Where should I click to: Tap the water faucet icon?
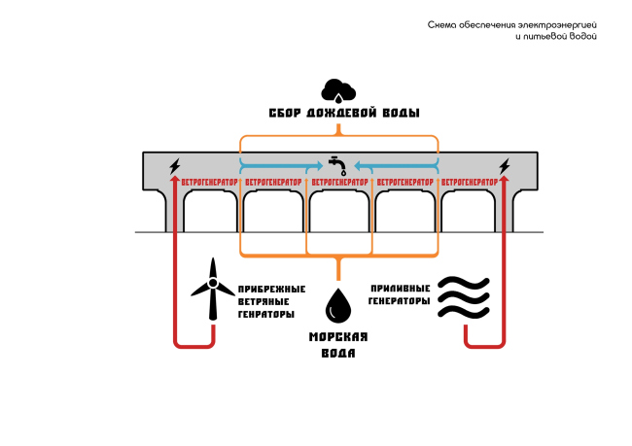337,162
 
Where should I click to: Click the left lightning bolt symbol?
175,165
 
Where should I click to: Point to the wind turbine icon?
211,287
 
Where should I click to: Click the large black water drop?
338,304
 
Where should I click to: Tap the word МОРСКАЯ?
337,337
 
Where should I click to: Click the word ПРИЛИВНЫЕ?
400,289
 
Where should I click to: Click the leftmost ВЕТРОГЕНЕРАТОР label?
207,182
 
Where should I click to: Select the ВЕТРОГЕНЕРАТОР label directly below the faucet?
338,182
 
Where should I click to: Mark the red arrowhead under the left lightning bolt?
175,179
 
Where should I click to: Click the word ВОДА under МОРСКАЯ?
337,353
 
